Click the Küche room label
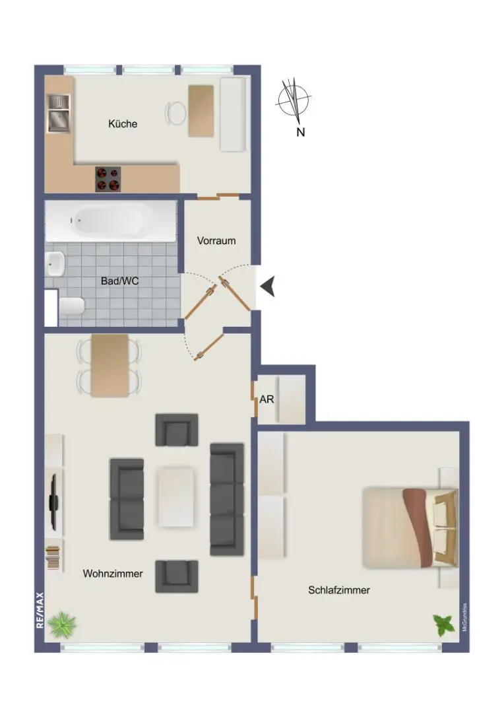point(123,123)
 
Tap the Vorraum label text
point(216,241)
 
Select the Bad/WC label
point(119,281)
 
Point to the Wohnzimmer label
point(113,574)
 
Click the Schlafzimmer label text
point(339,590)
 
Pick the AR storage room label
point(267,399)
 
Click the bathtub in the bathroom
point(110,221)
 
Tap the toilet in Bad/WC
point(71,307)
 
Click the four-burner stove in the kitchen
point(109,179)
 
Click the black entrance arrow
point(268,286)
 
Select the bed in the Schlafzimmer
point(409,527)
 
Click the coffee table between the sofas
point(176,496)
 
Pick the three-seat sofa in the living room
point(226,499)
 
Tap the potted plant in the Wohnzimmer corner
point(62,624)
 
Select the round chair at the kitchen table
point(176,112)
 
